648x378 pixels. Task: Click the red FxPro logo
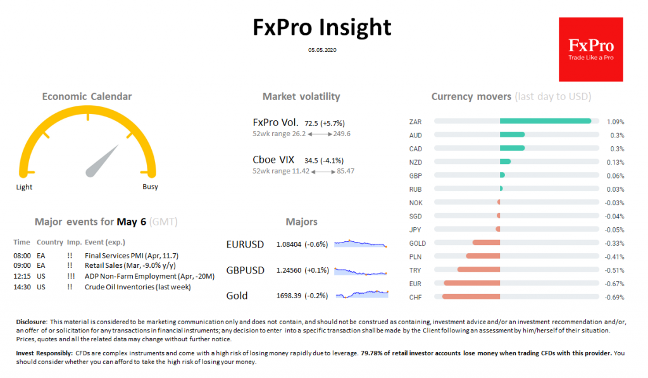click(x=591, y=49)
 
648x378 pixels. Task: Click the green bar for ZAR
click(x=545, y=121)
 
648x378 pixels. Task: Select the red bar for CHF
click(x=471, y=296)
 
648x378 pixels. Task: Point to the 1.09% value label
click(x=615, y=122)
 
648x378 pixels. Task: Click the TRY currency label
click(x=415, y=270)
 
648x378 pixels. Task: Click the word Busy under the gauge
click(x=150, y=187)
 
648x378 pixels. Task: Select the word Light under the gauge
click(x=24, y=187)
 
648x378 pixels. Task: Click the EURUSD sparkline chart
click(x=360, y=243)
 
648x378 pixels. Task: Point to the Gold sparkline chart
click(x=361, y=294)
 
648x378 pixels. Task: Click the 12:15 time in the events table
click(x=22, y=276)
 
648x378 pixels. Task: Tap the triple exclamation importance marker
click(x=71, y=276)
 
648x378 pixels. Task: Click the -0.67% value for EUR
click(x=615, y=283)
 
